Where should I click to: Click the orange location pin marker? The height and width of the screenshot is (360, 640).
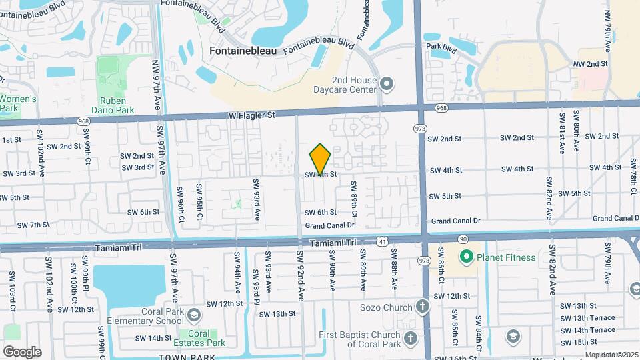pos(320,159)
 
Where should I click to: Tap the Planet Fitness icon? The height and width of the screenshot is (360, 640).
pos(467,257)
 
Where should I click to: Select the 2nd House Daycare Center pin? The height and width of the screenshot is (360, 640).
pos(387,83)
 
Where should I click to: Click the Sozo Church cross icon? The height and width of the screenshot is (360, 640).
pos(421,307)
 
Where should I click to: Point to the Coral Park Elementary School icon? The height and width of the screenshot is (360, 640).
pos(193,315)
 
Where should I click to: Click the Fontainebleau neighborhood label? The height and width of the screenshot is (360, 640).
pos(243,50)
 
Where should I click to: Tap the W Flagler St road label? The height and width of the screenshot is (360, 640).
pos(251,115)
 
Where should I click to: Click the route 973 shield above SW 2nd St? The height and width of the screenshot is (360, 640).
pos(420,127)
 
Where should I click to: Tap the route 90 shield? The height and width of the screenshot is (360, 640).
pos(463,238)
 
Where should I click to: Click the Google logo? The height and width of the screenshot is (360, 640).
pos(22,351)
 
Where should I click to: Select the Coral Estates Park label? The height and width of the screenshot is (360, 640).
pos(198,338)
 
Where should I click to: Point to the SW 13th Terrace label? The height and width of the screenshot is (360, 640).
pos(587,318)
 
